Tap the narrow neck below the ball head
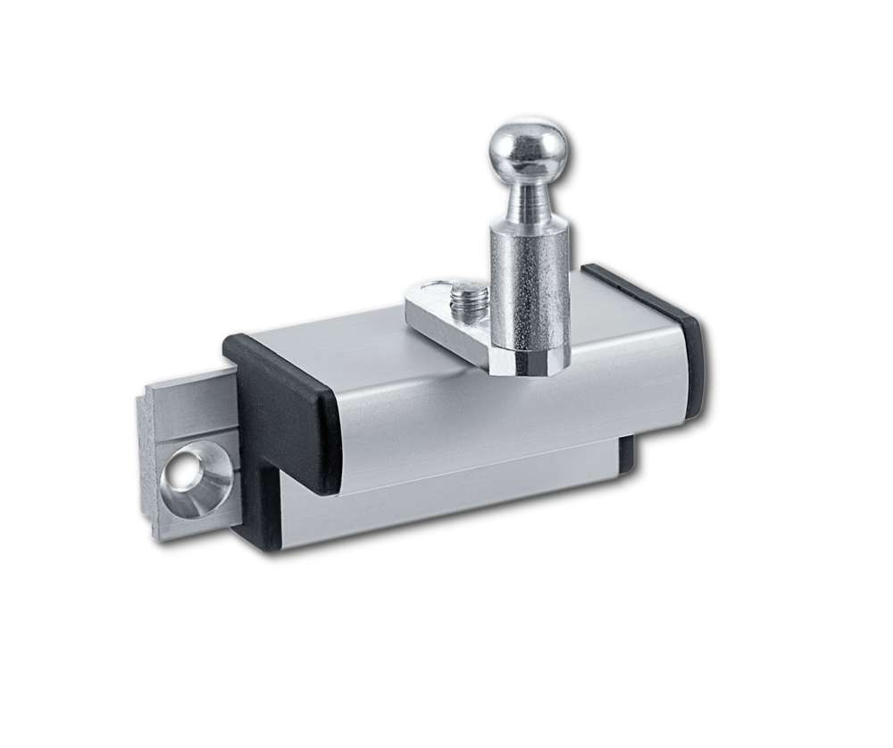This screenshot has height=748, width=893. coord(528,202)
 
